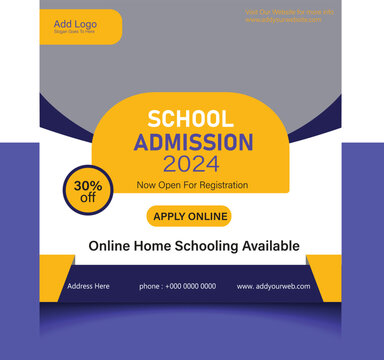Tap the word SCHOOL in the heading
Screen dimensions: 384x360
coord(190,119)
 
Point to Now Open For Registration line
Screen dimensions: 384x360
coord(193,185)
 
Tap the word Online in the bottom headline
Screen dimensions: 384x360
coord(110,245)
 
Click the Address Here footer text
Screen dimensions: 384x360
coord(88,286)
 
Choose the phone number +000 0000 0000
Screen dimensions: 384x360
coord(190,286)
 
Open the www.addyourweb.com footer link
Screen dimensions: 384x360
coord(273,286)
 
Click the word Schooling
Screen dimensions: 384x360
coord(199,245)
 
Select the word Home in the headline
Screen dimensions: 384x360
coord(153,245)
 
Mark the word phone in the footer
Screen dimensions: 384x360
coord(149,286)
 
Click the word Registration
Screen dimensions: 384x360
coord(222,185)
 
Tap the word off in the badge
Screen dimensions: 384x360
coord(87,197)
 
